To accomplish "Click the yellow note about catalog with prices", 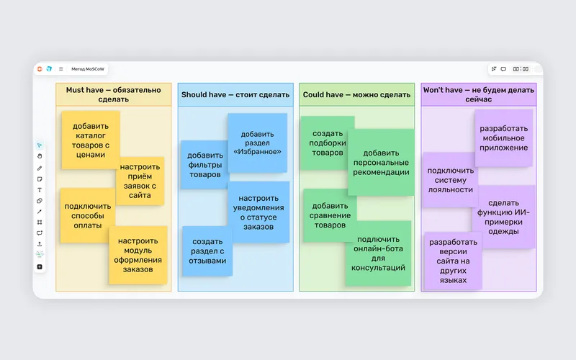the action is (91, 140).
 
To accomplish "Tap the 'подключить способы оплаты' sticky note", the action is (87, 215).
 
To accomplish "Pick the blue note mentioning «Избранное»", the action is (258, 143).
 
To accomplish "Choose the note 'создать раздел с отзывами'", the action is (207, 251).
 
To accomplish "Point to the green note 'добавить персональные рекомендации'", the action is (381, 163).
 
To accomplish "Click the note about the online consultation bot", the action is (379, 253).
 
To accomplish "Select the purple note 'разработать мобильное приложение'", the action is (503, 138).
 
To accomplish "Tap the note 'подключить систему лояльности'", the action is (450, 180).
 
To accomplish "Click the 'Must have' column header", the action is (114, 94).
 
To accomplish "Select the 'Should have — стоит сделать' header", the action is (235, 94).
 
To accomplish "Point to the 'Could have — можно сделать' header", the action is (356, 94).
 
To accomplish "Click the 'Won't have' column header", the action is (479, 94).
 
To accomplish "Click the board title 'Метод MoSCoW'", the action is (88, 69).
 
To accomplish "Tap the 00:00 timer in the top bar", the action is (521, 69).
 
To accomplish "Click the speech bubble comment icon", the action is (503, 69).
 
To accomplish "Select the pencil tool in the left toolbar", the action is (40, 168).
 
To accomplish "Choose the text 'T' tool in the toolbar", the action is (40, 190).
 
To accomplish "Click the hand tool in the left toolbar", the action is (40, 156).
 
